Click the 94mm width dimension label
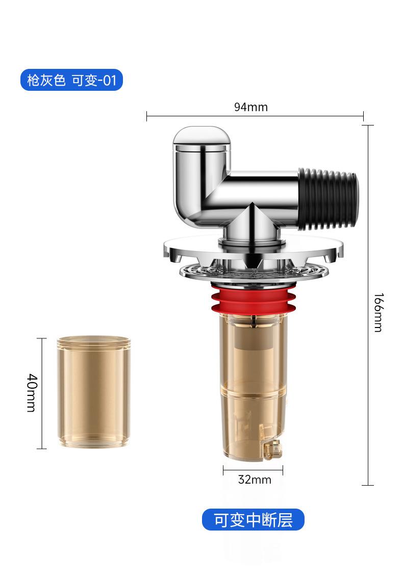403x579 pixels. pyautogui.click(x=251, y=107)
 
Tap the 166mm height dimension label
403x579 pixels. pyautogui.click(x=379, y=312)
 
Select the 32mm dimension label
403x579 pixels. pyautogui.click(x=255, y=480)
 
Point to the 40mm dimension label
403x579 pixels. pyautogui.click(x=33, y=392)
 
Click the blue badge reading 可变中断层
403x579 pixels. pyautogui.click(x=253, y=519)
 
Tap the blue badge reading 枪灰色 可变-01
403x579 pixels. pyautogui.click(x=71, y=80)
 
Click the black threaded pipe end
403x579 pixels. pyautogui.click(x=328, y=199)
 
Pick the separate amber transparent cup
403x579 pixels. pyautogui.click(x=94, y=391)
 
